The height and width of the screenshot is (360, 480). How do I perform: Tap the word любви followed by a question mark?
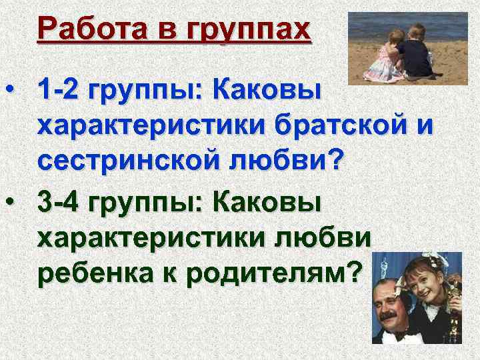pos(301,161)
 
